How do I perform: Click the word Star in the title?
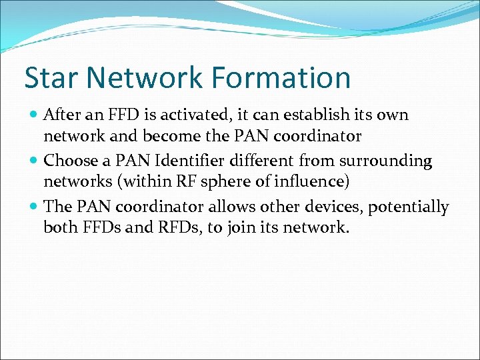[x=52, y=77]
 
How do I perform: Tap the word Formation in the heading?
[x=279, y=77]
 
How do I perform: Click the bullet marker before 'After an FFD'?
[x=34, y=115]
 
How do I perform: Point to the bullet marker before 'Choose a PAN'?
[x=34, y=161]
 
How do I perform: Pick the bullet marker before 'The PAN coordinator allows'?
[x=34, y=207]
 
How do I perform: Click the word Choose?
[x=69, y=161]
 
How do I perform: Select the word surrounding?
[x=387, y=161]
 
